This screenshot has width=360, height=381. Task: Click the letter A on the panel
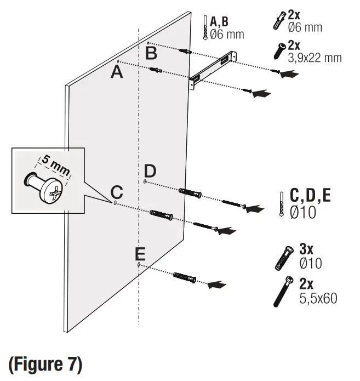[x=117, y=72]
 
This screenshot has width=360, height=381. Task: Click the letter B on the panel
[x=151, y=53]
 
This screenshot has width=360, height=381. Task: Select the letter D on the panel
[x=151, y=170]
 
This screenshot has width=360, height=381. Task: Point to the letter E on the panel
[x=140, y=254]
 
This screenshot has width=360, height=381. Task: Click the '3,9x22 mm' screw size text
[x=315, y=58]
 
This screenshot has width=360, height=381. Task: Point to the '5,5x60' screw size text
[x=318, y=298]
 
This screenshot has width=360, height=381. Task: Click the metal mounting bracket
[x=214, y=69]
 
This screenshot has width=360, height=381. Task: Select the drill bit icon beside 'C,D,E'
[x=281, y=204]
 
